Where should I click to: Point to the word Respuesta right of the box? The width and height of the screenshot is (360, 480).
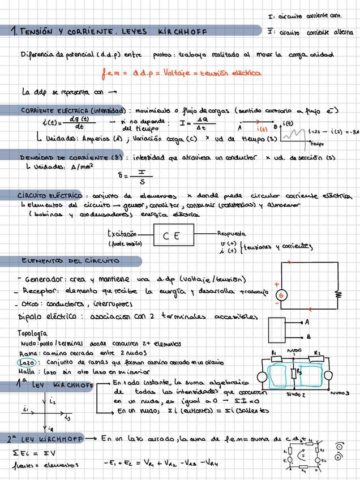(231, 233)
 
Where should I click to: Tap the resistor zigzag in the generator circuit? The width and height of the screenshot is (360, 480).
(338, 294)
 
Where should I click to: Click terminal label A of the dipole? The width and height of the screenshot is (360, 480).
(307, 323)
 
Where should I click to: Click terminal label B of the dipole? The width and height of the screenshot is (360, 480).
(308, 336)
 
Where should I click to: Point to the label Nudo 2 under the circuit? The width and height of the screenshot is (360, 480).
(295, 394)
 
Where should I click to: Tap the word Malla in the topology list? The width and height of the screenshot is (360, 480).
(27, 372)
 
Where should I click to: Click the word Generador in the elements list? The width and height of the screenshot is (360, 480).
(46, 279)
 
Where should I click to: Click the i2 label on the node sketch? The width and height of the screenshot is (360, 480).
(52, 401)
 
